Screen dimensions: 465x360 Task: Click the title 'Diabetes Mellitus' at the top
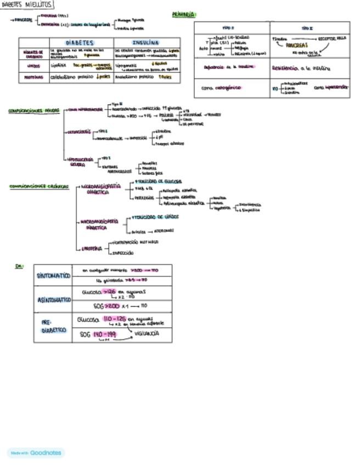(27, 4)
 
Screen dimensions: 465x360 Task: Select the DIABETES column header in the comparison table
(80, 42)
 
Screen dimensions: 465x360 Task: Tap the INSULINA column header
(145, 42)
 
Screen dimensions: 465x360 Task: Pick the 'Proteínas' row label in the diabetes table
(33, 78)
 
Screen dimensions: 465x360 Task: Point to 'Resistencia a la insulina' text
(302, 69)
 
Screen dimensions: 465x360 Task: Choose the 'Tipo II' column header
(308, 27)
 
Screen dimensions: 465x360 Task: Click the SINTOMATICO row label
(53, 275)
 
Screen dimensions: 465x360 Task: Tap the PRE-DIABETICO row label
(53, 327)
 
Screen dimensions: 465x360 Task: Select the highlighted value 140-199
(104, 333)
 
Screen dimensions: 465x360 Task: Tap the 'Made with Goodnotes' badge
(36, 453)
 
